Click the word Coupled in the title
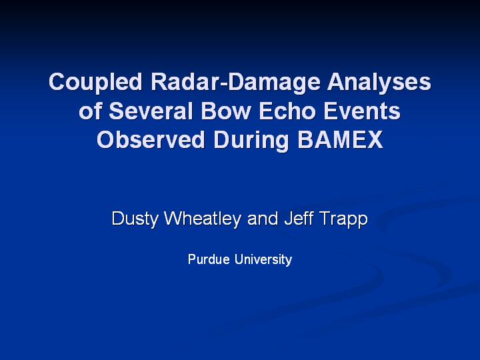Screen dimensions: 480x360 click(x=95, y=83)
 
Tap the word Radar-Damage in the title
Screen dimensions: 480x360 click(x=235, y=83)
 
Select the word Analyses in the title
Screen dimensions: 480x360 click(x=379, y=83)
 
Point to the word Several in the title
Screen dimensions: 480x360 click(x=151, y=111)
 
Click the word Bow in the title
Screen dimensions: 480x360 click(x=226, y=111)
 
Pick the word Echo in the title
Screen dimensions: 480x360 click(x=287, y=111)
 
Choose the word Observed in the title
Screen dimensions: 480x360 click(x=151, y=139)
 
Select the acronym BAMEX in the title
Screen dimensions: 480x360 click(x=340, y=139)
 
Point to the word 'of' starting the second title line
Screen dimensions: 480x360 click(x=90, y=111)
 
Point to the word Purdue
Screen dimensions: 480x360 click(x=209, y=259)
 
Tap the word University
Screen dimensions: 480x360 click(x=263, y=260)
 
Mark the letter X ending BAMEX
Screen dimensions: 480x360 click(x=375, y=139)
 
